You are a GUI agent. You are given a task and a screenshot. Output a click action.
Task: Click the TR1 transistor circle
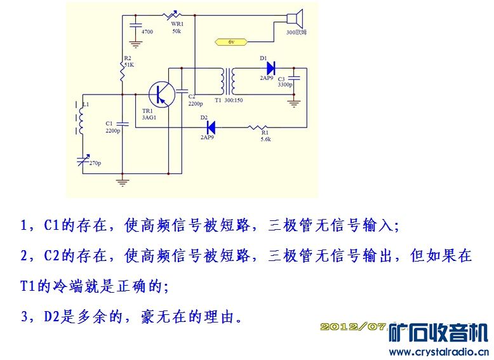pos(162,93)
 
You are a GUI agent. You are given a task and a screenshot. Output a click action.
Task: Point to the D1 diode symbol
pos(270,67)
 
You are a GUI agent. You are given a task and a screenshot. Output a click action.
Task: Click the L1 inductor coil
pos(80,117)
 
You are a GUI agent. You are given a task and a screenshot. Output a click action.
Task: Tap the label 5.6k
pos(265,139)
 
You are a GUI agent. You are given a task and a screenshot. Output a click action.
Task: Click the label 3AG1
pos(149,117)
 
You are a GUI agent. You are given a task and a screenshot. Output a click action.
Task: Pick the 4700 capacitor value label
pos(147,31)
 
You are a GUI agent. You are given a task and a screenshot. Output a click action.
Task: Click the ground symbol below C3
pos(295,101)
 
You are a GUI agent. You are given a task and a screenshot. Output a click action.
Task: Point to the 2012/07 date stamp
pos(353,326)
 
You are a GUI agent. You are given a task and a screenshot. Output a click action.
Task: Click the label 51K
pos(129,65)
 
